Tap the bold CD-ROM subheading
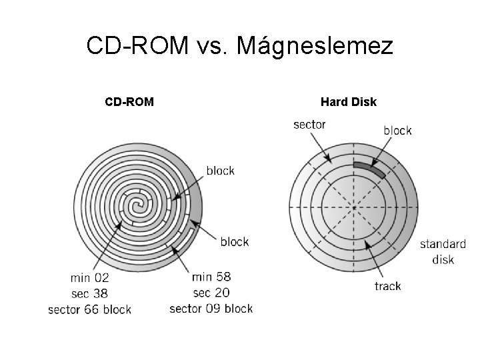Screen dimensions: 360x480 point(129,102)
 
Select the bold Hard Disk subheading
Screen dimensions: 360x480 point(348,102)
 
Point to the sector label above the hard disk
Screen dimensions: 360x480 point(309,125)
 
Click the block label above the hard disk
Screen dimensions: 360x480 point(397,131)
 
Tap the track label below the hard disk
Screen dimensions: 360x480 point(387,287)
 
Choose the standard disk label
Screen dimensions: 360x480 point(443,251)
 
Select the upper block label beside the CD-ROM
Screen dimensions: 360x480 point(220,171)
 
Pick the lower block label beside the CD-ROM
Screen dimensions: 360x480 point(234,241)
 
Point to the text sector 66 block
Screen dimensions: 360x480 point(90,309)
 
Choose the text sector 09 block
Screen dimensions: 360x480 point(211,308)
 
